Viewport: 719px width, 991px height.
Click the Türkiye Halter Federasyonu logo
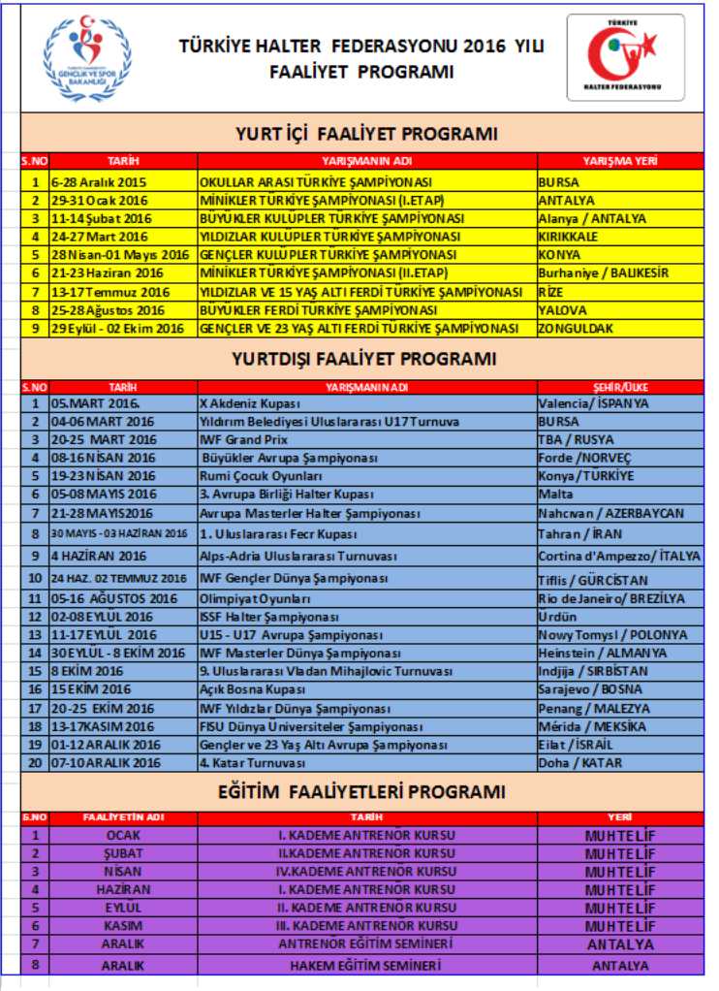tap(625, 57)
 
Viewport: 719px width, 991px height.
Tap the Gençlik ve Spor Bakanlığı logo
tap(87, 57)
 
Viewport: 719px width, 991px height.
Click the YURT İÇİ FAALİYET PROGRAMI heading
tap(367, 134)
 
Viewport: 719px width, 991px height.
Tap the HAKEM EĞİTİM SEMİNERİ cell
tap(366, 966)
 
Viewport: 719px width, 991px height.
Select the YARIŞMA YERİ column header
tap(620, 161)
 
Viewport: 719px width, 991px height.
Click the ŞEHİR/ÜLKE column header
tap(620, 386)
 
